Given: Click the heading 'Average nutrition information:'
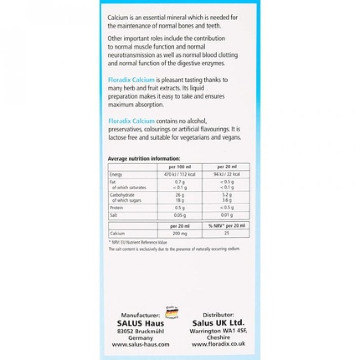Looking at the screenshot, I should [x=144, y=158].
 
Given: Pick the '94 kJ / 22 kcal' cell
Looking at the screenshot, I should [x=227, y=174].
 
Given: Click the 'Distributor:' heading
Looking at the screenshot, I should [x=219, y=315].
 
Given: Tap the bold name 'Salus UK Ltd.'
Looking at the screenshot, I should [x=219, y=323].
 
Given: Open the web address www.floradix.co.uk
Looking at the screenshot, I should [x=219, y=344].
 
